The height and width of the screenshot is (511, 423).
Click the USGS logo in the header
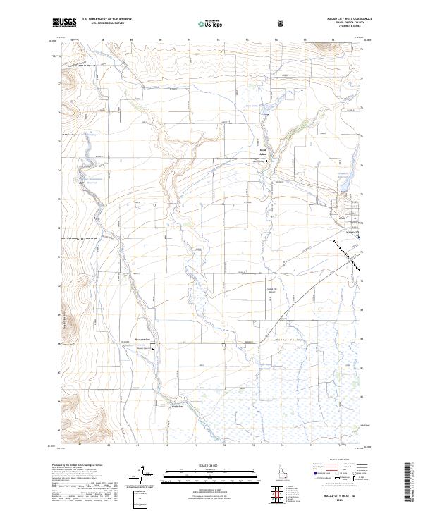click(x=64, y=23)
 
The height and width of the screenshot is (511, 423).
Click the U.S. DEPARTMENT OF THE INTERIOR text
click(x=106, y=20)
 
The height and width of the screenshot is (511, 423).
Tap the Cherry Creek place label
click(x=178, y=405)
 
